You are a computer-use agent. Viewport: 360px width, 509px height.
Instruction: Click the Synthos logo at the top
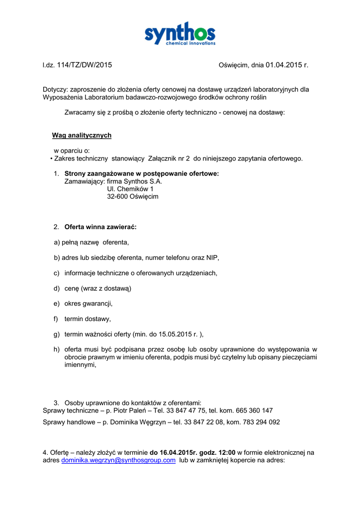[180, 34]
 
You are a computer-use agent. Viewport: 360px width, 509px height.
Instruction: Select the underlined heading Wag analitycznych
[82, 136]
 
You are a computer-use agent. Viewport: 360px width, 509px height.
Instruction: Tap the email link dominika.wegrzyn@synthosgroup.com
[118, 461]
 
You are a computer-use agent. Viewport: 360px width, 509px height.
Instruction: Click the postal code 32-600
[117, 197]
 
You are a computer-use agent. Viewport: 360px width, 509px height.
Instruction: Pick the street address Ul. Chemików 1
[130, 189]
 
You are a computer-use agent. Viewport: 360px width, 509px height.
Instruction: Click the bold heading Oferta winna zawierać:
[100, 227]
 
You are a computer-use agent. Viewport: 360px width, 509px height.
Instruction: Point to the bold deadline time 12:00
[227, 453]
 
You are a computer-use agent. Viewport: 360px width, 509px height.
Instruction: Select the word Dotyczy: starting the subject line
[55, 89]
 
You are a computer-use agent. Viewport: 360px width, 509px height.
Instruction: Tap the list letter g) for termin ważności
[57, 335]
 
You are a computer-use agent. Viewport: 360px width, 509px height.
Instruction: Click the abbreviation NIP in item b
[212, 258]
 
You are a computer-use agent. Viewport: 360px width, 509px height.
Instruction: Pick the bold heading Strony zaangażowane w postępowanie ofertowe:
[142, 173]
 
